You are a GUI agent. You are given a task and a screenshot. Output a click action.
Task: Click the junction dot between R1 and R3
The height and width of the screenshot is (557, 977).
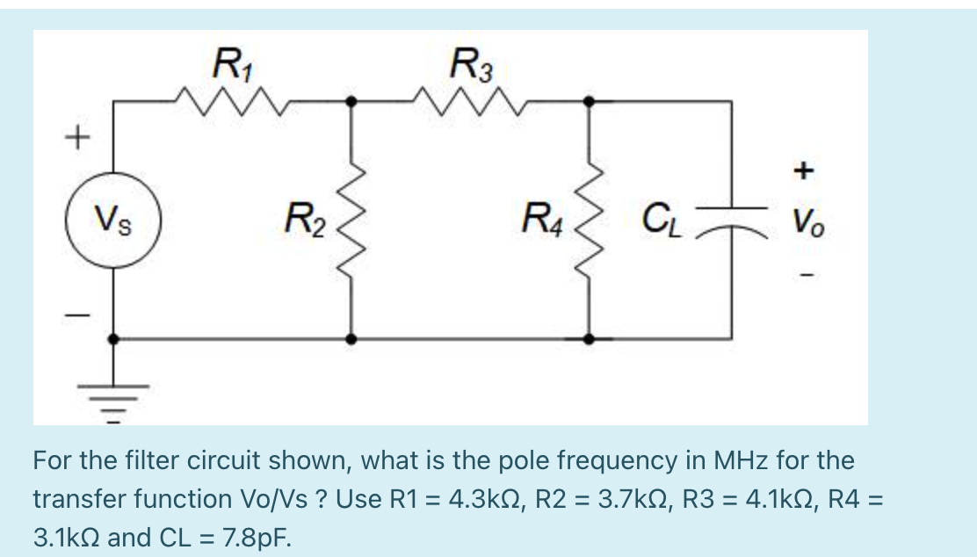point(351,102)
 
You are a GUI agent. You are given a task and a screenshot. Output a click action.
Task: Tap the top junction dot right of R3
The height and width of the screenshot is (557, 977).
point(589,102)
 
